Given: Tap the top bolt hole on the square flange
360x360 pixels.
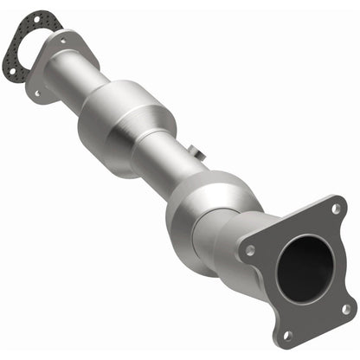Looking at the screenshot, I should coord(336,208).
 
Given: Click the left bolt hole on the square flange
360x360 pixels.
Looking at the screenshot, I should coord(250,250).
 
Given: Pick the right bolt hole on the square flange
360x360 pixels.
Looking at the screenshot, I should coord(345,307).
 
